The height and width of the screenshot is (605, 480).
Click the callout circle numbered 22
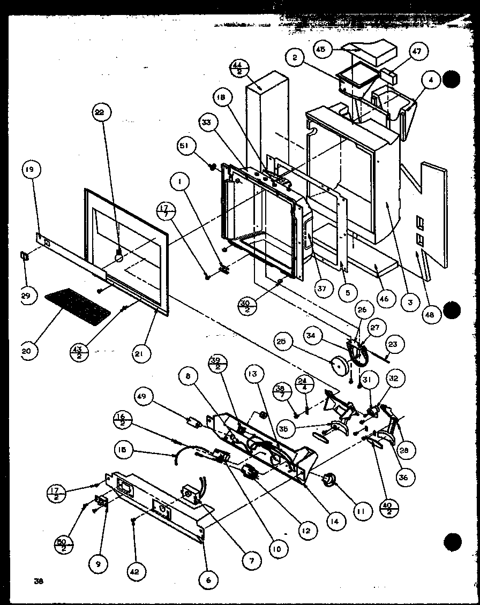[101, 113]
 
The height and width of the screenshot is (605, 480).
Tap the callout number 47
[416, 52]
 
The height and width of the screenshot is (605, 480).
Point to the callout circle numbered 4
[431, 81]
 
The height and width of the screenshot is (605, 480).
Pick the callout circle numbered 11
[361, 511]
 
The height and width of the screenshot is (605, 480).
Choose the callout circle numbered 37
[321, 290]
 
